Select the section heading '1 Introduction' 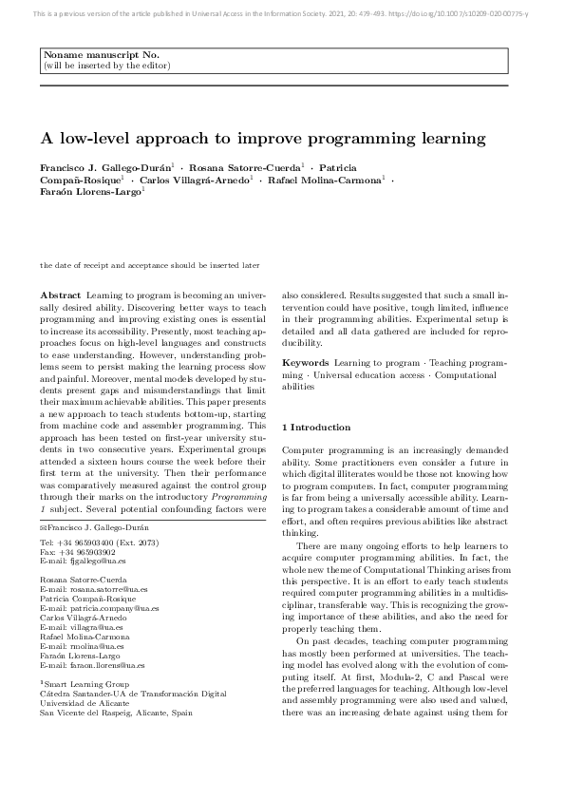point(317,428)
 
